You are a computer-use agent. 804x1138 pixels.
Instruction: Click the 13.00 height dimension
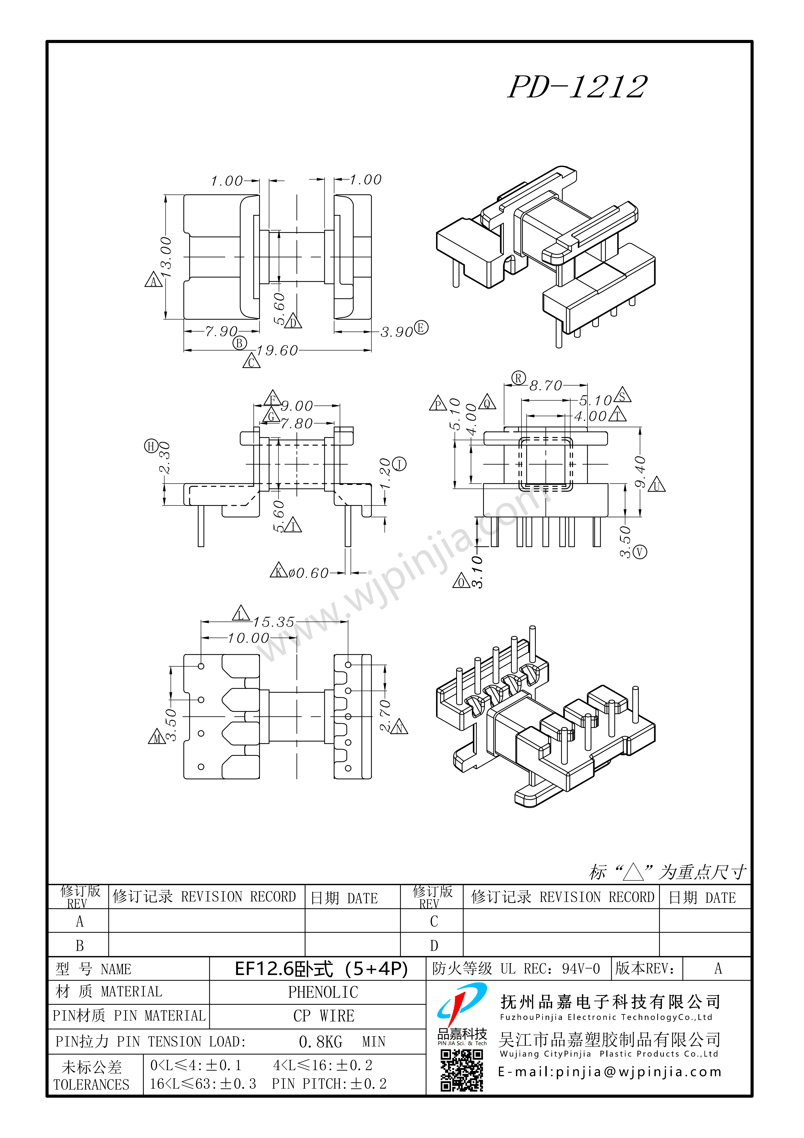[166, 257]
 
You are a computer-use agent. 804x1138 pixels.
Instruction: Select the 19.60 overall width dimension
[277, 350]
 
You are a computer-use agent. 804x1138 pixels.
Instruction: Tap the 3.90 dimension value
[397, 331]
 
